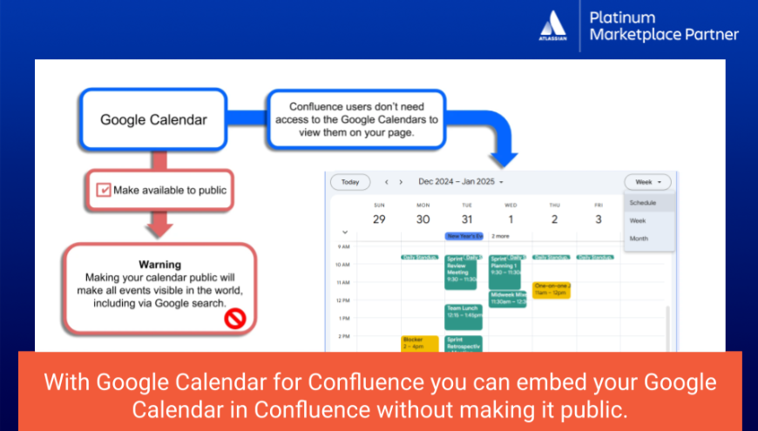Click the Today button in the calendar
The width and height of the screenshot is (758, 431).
(349, 182)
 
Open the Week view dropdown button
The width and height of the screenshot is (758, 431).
(647, 182)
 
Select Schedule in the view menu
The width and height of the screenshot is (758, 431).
(643, 203)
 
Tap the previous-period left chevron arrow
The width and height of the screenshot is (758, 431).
(386, 182)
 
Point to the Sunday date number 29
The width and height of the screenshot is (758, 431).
(379, 219)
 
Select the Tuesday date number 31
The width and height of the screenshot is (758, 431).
(466, 219)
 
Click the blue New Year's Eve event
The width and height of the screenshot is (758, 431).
(464, 236)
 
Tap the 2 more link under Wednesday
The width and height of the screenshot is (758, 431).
(500, 236)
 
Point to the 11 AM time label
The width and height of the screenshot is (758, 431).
(343, 282)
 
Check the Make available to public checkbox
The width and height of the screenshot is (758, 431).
(104, 189)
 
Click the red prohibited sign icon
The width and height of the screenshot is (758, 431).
(236, 319)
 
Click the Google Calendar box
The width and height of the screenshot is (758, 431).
(153, 119)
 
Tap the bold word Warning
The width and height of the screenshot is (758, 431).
(159, 264)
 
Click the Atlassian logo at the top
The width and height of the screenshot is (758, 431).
(554, 26)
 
